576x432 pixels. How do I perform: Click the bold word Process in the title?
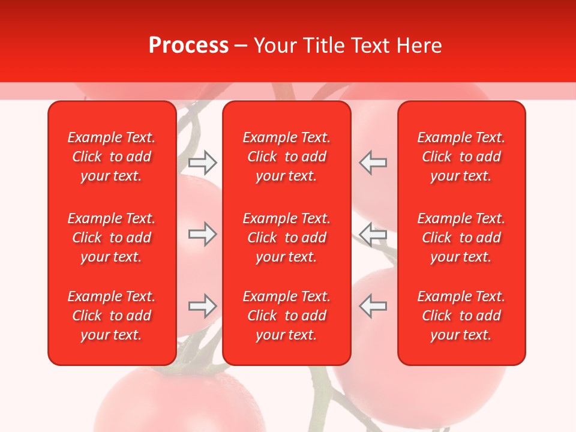[x=188, y=46]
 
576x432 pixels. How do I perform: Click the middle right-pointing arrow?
[x=202, y=234]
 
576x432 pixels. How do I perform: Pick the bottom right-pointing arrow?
[x=202, y=306]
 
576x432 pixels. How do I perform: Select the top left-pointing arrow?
[x=373, y=162]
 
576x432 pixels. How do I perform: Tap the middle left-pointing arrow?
[x=373, y=234]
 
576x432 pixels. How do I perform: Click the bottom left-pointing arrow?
[x=373, y=306]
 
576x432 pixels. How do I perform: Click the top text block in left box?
[x=112, y=157]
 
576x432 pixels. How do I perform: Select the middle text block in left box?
[x=112, y=238]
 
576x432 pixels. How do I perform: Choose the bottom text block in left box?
[x=112, y=316]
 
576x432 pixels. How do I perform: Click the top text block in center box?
[x=287, y=157]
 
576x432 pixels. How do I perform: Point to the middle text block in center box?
[x=287, y=238]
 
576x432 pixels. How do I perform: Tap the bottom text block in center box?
[x=287, y=316]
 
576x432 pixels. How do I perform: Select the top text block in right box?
[x=461, y=157]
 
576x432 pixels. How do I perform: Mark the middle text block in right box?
[x=461, y=238]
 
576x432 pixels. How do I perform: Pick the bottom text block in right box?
[x=461, y=316]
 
